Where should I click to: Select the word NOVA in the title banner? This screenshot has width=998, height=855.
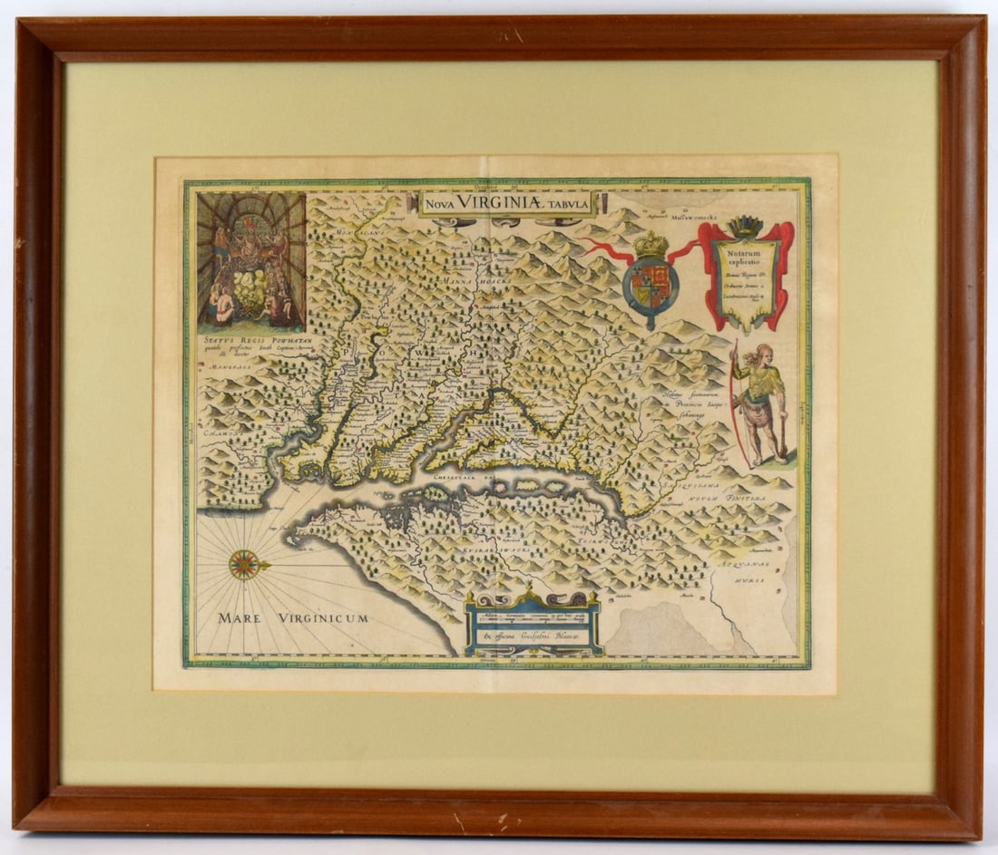pyautogui.click(x=439, y=203)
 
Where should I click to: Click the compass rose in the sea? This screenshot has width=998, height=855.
pyautogui.click(x=244, y=564)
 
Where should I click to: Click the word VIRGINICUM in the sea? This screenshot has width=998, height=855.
pyautogui.click(x=323, y=618)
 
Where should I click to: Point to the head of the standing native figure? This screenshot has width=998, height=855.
pyautogui.click(x=762, y=352)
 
